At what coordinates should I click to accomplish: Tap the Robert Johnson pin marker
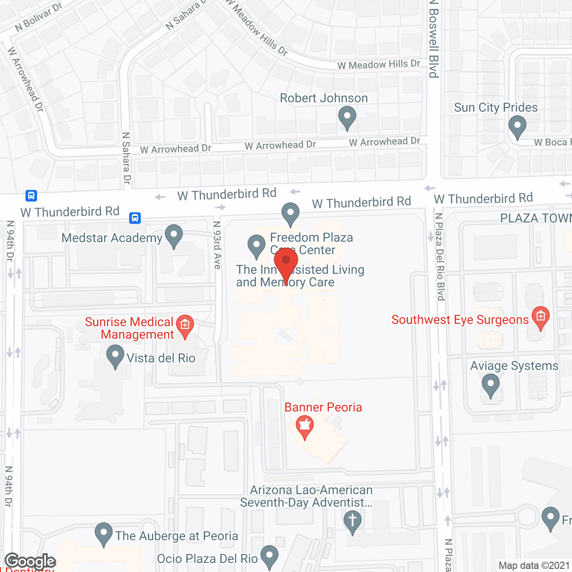pos(347,117)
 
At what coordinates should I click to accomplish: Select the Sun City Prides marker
pos(517,126)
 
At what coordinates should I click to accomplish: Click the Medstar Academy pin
pos(174,236)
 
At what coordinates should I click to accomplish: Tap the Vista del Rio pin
pos(115,356)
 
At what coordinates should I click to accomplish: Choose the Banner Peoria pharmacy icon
pos(305,426)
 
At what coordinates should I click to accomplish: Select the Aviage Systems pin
pos(490,385)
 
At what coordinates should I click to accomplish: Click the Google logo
pos(30,561)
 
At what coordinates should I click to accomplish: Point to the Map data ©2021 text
pos(534,566)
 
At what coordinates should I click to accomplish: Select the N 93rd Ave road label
pos(217,245)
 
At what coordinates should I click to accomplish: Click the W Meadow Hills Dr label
pos(379,65)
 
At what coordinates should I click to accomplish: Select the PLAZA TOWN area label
pos(536,218)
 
